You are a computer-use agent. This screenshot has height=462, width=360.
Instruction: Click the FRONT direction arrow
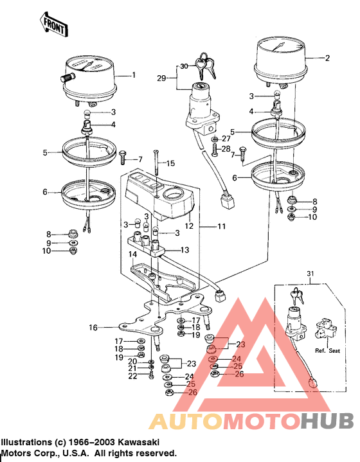pos(54,24)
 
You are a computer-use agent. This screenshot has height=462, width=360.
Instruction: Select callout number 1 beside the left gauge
pos(134,75)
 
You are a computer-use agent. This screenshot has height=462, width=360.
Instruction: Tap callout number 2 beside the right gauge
pos(327,58)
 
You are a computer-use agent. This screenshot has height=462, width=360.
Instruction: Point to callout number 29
pos(162,78)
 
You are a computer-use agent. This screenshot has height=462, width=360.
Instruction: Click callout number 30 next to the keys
pos(184,66)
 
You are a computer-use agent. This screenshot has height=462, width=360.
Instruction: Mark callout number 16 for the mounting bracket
pos(93,328)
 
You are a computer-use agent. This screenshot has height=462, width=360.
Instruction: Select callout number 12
pos(189,227)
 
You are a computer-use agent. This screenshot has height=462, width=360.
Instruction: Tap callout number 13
pos(184,250)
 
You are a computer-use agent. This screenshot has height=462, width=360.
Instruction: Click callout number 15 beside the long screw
pos(170,164)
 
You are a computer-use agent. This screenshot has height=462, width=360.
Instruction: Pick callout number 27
pos(226,139)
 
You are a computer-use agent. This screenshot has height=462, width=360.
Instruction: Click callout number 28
pos(226,150)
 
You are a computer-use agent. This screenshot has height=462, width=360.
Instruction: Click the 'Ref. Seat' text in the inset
pos(327,351)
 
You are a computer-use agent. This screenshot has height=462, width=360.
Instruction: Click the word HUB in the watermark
pos(326,420)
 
